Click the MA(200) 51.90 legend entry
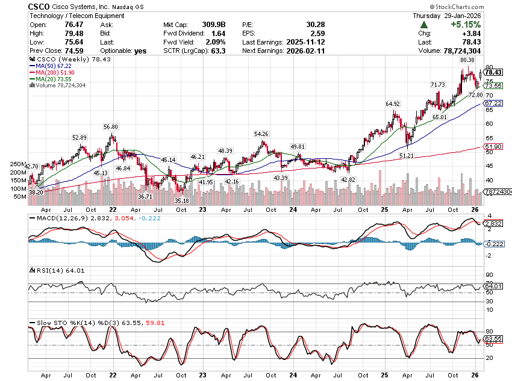pos(57,72)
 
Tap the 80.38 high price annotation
pos(467,60)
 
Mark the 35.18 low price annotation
pos(181,200)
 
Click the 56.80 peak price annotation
pos(110,126)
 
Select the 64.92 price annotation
pos(393,104)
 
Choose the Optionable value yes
pos(140,51)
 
